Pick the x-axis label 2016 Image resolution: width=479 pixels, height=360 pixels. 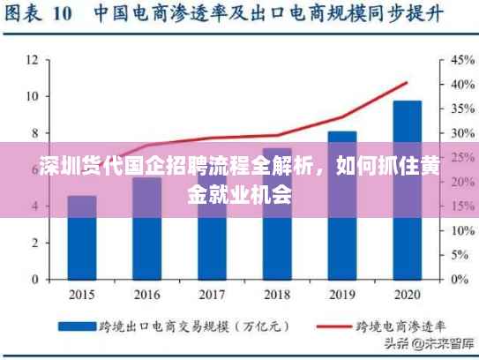[x=146, y=294]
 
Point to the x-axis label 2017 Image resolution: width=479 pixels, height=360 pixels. [x=212, y=294]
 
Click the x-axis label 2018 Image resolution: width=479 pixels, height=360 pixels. [x=277, y=294]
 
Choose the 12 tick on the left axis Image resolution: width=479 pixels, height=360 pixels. [x=32, y=60]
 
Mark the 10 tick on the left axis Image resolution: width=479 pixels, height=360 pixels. [x=32, y=96]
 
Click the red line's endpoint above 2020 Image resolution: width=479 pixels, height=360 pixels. [x=407, y=83]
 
